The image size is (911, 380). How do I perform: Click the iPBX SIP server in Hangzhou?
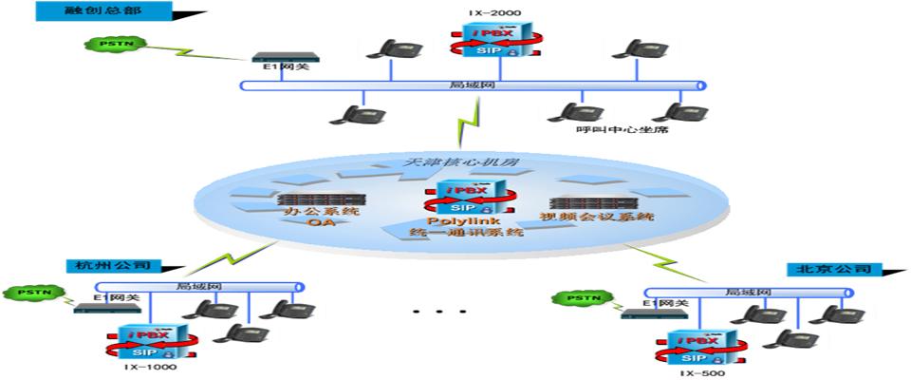(x=153, y=342)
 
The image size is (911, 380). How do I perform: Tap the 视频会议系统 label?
(x=597, y=217)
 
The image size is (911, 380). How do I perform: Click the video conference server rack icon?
(x=594, y=202)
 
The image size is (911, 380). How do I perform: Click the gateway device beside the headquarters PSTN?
(x=285, y=57)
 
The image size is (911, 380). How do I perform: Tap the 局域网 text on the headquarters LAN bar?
(x=472, y=85)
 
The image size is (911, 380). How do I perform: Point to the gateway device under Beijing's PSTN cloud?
(x=654, y=313)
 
